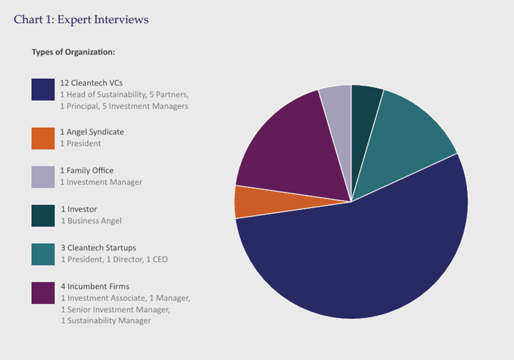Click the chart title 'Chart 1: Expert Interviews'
[81, 20]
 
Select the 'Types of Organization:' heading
[73, 52]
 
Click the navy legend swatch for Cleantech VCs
[43, 89]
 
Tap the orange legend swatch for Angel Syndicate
[43, 138]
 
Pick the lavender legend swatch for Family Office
[43, 177]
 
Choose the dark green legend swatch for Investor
[43, 215]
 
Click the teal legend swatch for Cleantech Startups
[43, 254]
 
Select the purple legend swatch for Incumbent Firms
[43, 292]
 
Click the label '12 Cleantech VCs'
[91, 83]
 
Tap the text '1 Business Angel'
[91, 221]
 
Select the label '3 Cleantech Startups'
[98, 248]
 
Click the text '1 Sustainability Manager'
[106, 321]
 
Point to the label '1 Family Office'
[87, 170]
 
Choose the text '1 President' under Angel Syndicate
[81, 144]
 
